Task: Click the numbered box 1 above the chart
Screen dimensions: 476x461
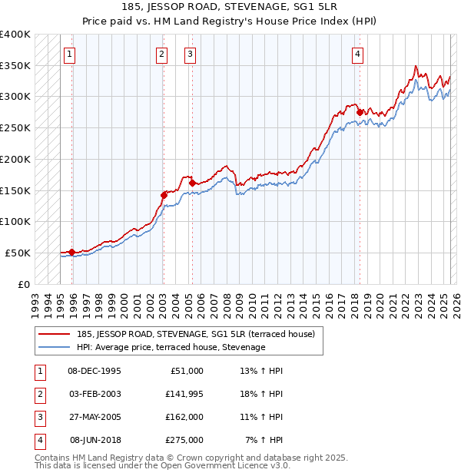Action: [70, 54]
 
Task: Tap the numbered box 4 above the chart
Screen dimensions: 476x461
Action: [358, 54]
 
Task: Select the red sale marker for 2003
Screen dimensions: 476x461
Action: [164, 195]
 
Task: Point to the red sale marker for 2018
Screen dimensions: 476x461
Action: [360, 113]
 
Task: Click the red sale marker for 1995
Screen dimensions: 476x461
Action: [71, 252]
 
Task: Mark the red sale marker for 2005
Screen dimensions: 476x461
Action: [192, 183]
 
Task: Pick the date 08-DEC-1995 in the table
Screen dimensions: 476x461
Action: [95, 371]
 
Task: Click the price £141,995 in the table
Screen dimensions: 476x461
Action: [184, 394]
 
